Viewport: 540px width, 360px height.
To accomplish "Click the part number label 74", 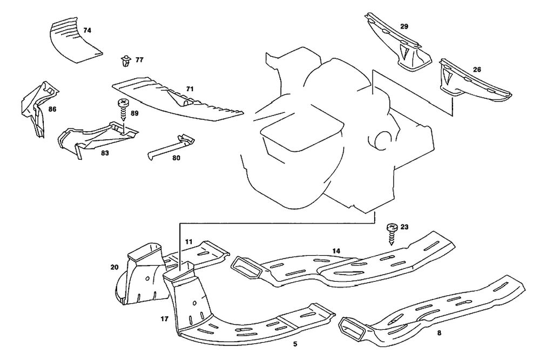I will pos(87,31).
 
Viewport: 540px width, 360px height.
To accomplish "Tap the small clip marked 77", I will pos(126,62).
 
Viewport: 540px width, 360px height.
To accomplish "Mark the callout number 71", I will pos(190,88).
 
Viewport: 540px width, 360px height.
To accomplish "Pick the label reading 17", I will pos(165,318).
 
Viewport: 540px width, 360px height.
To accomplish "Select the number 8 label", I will pos(439,333).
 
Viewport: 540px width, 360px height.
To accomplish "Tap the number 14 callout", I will pos(336,251).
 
